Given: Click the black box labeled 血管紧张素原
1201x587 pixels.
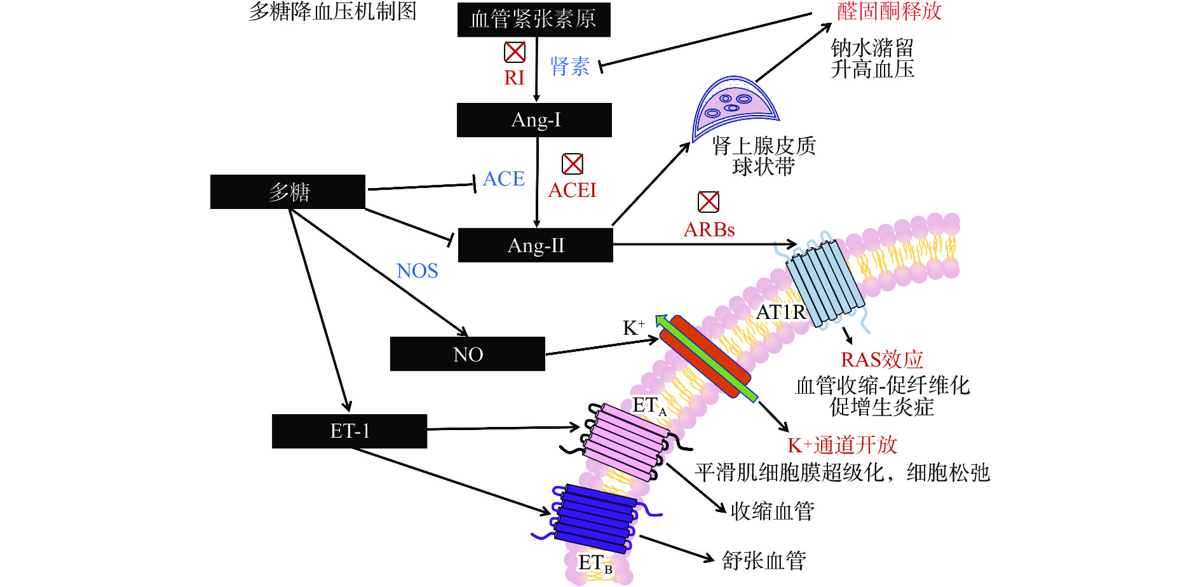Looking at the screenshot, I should (x=534, y=19).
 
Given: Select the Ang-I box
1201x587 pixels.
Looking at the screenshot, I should (x=534, y=120).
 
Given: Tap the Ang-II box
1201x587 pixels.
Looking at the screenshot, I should (x=535, y=245).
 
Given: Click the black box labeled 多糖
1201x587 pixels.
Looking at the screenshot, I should (x=288, y=192).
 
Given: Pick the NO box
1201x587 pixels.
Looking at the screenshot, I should (x=468, y=354).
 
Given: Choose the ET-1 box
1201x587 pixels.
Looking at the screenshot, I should (x=349, y=431).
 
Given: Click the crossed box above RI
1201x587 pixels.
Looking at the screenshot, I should (x=515, y=52).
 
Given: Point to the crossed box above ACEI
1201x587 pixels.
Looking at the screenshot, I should (x=573, y=164).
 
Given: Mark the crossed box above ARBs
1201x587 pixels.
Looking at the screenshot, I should (x=709, y=202).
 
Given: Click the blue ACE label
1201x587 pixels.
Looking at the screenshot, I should (x=504, y=179).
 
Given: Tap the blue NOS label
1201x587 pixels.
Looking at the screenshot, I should (x=417, y=271).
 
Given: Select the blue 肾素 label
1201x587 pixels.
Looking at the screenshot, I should (x=570, y=67).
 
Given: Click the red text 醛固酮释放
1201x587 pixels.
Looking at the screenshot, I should (x=889, y=11).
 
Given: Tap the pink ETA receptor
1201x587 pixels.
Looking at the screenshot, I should (x=626, y=442).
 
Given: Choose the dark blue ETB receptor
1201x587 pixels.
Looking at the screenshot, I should (x=595, y=518).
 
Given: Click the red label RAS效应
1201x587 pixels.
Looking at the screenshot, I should (x=882, y=360).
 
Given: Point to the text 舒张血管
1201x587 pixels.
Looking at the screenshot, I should (x=764, y=560).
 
